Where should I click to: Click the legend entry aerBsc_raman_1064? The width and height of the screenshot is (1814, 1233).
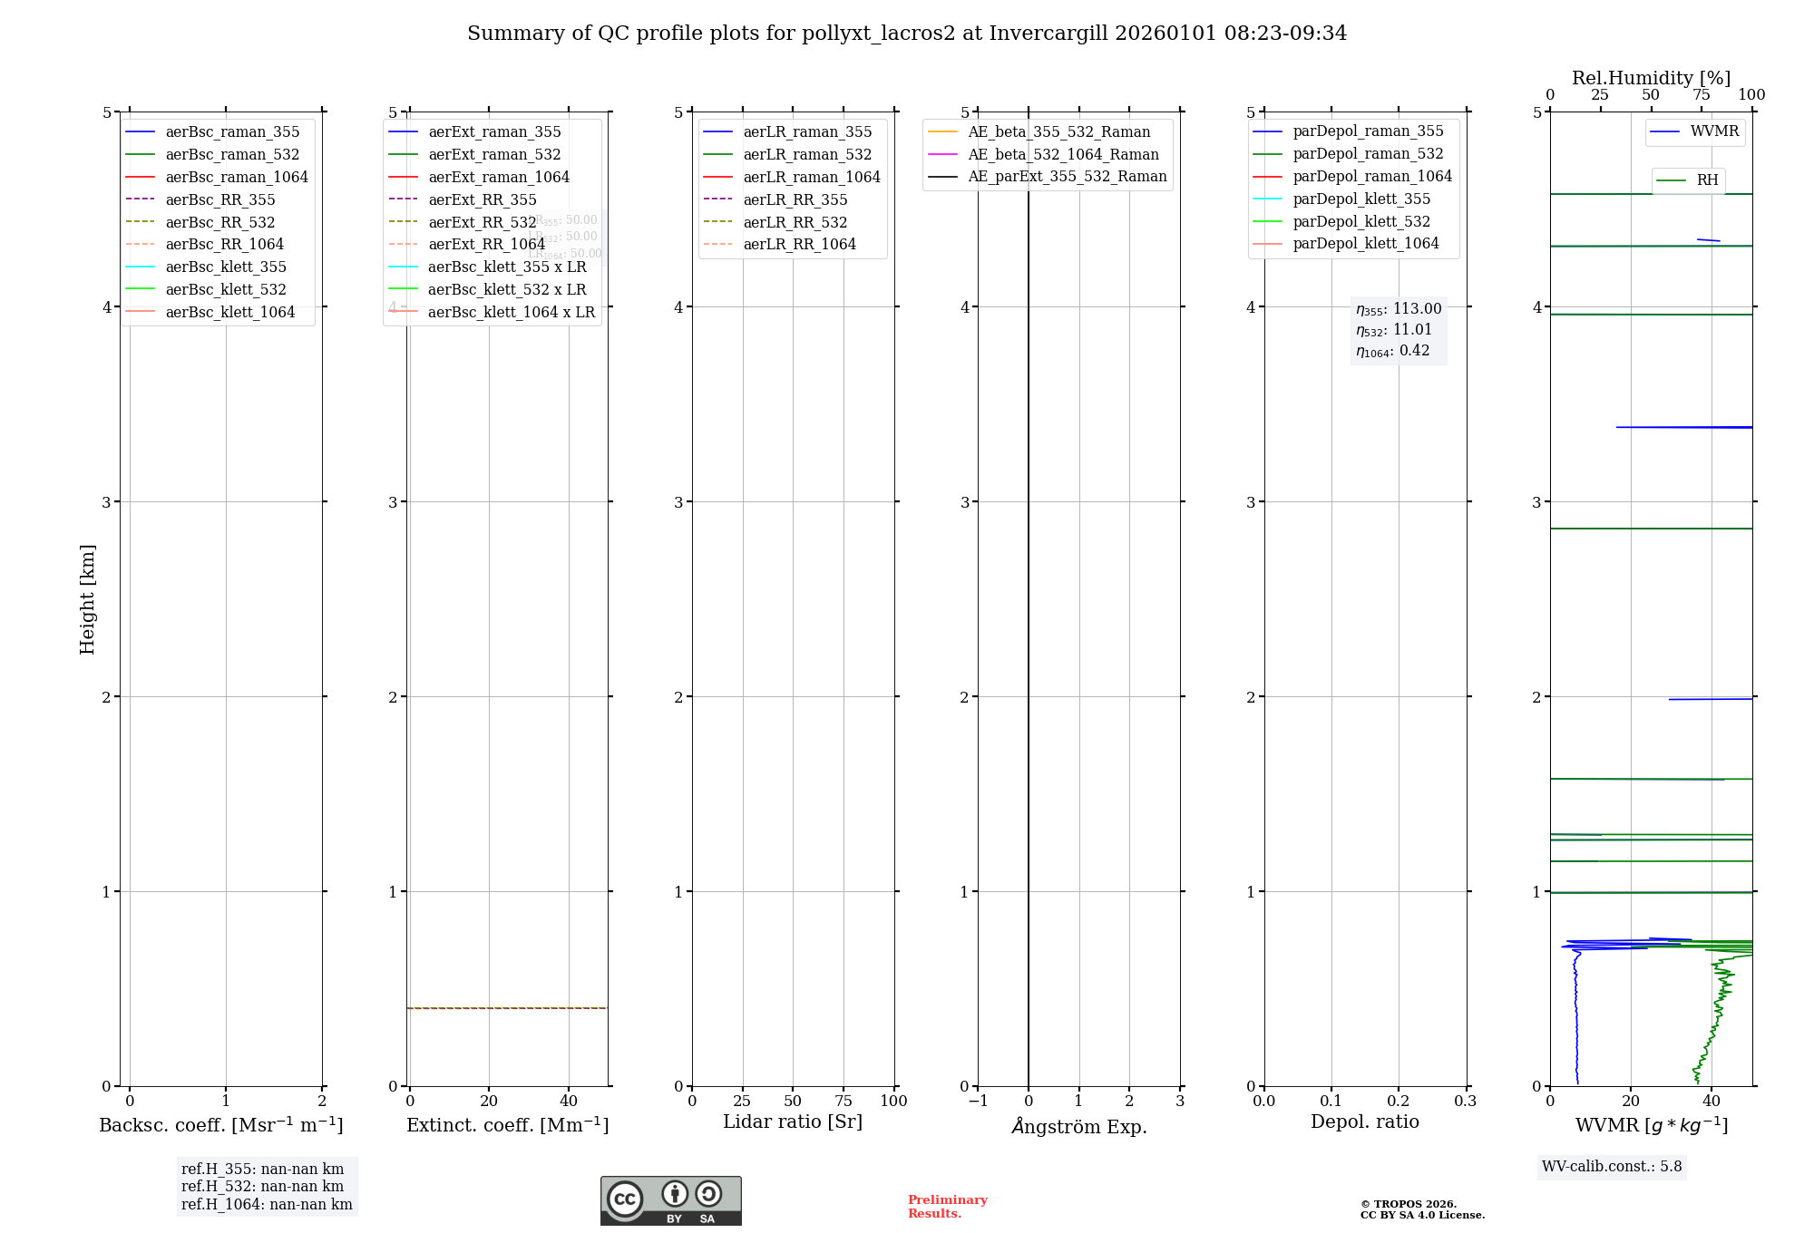(x=236, y=177)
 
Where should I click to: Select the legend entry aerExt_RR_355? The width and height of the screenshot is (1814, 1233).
(x=482, y=199)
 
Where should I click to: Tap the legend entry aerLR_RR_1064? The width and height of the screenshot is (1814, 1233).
(x=799, y=244)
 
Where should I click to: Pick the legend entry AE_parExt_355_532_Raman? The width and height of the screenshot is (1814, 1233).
(x=1067, y=176)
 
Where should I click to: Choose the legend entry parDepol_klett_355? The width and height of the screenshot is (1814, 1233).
(x=1360, y=199)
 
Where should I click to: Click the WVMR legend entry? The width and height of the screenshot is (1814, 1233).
(x=1713, y=131)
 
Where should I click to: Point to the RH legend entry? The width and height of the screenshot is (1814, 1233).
(x=1707, y=180)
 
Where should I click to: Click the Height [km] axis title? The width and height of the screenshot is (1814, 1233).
(x=87, y=598)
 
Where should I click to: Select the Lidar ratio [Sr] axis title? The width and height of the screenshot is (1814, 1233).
(x=793, y=1121)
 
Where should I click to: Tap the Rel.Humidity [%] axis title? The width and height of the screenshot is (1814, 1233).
(x=1651, y=78)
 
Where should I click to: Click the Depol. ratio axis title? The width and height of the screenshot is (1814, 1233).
(x=1364, y=1121)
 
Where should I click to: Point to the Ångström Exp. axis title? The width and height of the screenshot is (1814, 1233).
(x=1078, y=1126)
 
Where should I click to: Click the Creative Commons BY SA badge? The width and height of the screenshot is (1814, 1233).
(x=670, y=1200)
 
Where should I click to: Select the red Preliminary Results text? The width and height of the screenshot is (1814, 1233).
(x=947, y=1206)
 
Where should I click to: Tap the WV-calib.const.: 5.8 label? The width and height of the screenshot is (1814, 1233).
(x=1612, y=1166)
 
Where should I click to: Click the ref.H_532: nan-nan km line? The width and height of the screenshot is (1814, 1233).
(x=262, y=1186)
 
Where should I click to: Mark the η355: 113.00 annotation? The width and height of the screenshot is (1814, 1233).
(x=1399, y=309)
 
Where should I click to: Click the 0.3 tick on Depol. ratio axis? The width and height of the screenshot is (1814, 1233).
(x=1465, y=1101)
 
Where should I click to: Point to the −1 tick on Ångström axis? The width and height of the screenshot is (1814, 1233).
(x=978, y=1101)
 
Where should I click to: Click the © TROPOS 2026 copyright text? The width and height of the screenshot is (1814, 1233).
(x=1408, y=1204)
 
